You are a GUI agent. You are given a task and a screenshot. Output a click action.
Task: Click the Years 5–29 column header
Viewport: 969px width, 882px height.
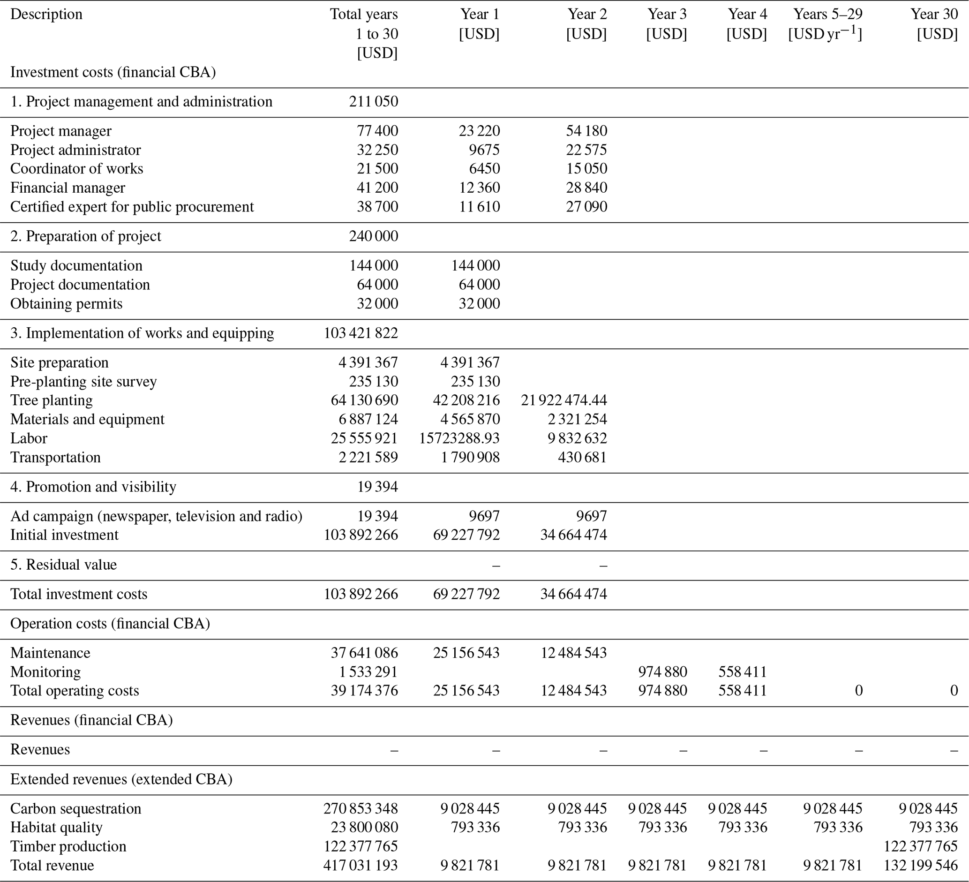[826, 24]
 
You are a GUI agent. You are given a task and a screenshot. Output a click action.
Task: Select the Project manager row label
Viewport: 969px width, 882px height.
[61, 131]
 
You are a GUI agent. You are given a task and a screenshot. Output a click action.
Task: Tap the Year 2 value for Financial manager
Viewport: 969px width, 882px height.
[586, 188]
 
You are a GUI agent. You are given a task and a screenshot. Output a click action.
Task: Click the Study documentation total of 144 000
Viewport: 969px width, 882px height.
[374, 265]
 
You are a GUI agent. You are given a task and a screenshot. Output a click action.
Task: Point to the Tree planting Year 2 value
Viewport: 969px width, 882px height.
[563, 400]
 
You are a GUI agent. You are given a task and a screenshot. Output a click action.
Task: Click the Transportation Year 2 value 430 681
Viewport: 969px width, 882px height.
[582, 457]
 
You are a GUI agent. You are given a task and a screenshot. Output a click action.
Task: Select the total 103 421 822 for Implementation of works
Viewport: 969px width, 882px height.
[361, 333]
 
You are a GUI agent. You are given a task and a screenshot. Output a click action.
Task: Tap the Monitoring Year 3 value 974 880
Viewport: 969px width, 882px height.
[662, 671]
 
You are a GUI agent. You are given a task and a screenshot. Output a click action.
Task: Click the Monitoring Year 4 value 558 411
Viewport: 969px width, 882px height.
[743, 671]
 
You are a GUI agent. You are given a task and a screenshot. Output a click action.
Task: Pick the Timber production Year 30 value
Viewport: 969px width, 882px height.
[920, 846]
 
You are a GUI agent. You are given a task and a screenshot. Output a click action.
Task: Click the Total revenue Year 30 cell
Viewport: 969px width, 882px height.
[920, 865]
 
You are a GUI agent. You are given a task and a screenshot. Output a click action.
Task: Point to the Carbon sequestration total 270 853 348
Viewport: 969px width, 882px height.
[361, 808]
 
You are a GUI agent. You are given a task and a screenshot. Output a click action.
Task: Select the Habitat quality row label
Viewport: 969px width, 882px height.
[56, 827]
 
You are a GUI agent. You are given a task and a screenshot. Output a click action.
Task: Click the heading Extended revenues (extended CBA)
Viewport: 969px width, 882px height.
[121, 779]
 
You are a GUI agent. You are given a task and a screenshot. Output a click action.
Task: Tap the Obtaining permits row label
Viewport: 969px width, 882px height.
[66, 303]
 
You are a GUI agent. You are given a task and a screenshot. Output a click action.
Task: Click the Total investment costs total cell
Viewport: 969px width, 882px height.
[361, 594]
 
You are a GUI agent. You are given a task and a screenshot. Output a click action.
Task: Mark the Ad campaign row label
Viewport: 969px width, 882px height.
[156, 516]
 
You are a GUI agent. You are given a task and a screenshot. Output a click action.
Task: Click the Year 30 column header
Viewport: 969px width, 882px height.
[934, 24]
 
